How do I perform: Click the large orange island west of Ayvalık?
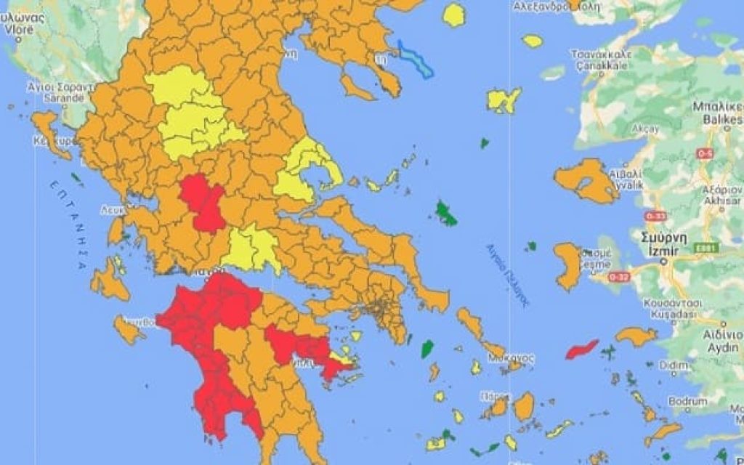(586, 180)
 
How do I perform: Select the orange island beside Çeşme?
(569, 264)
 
